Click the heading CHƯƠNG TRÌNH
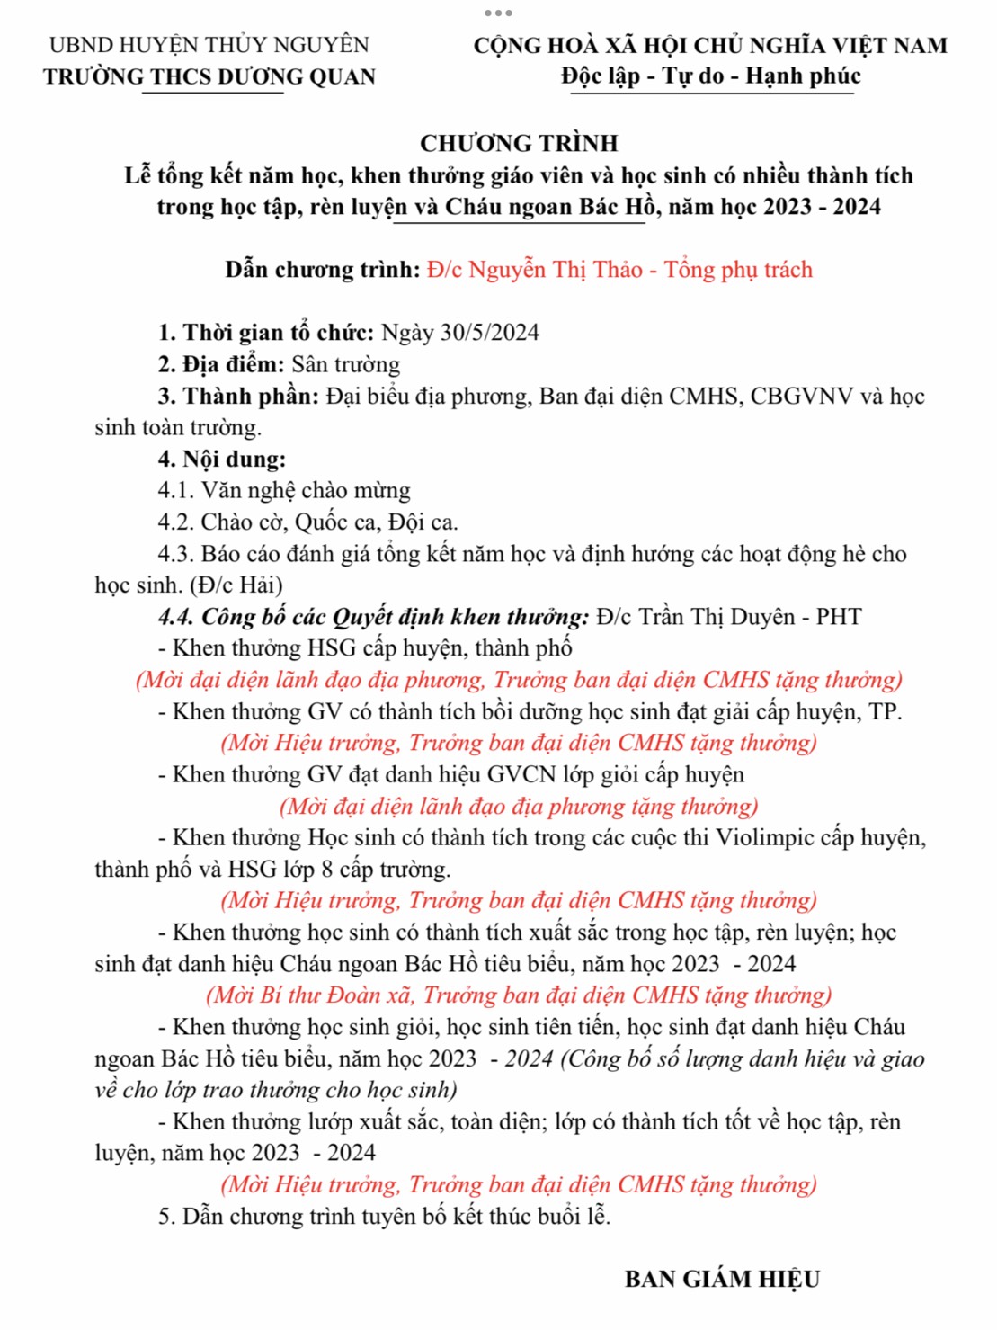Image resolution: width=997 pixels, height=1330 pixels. (519, 144)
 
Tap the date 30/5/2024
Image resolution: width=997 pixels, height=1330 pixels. (489, 333)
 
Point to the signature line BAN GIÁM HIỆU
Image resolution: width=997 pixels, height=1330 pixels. (722, 1280)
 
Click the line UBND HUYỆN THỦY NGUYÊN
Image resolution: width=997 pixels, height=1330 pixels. (209, 45)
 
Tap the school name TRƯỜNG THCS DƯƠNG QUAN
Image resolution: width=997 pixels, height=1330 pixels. (209, 77)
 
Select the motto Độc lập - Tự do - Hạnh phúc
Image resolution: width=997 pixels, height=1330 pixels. (710, 76)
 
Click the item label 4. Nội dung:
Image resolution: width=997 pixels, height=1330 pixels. (221, 460)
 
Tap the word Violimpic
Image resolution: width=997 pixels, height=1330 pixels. (770, 838)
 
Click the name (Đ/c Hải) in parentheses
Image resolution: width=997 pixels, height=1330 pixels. (236, 585)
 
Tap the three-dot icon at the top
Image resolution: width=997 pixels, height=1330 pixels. (498, 13)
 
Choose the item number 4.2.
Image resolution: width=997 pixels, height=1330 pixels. (175, 522)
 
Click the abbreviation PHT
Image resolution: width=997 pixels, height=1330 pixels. (839, 617)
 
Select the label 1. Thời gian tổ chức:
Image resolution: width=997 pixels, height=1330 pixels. (266, 333)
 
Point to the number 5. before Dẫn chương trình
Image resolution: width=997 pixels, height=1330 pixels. (166, 1217)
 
